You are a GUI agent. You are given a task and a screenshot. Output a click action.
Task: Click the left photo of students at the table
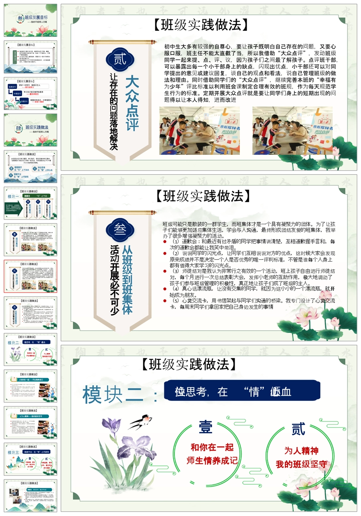[x=199, y=130]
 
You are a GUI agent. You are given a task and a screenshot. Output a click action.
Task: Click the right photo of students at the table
[x=292, y=130]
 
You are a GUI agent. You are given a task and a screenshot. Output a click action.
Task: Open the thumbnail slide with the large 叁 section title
[x=30, y=20]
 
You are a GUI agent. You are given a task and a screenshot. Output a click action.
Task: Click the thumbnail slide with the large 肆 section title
[x=30, y=129]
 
